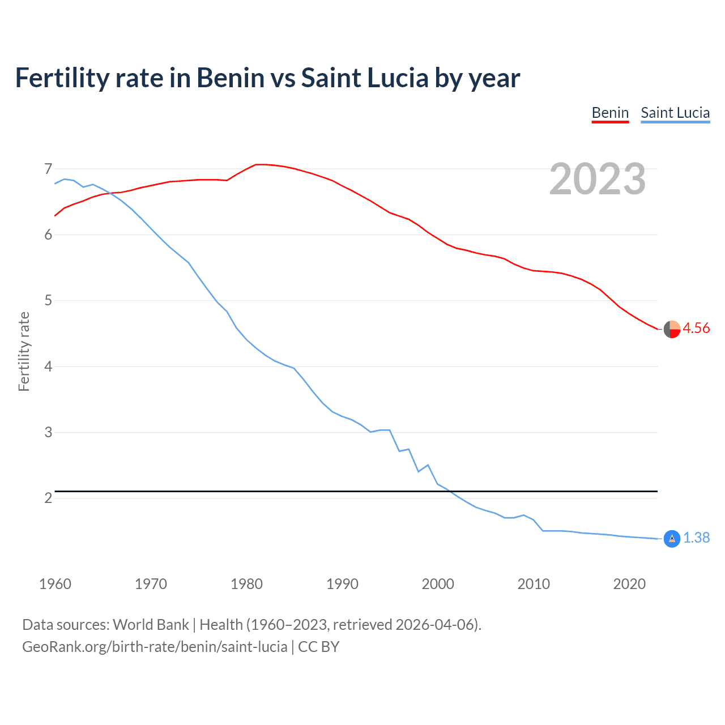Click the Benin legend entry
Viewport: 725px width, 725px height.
[x=610, y=113]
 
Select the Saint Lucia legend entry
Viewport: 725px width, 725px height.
[x=675, y=113]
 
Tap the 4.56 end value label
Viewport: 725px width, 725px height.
[x=696, y=329]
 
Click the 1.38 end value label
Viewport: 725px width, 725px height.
[x=696, y=538]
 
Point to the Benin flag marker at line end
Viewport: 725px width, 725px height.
[x=672, y=329]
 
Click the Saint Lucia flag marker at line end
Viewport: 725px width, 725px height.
[x=672, y=539]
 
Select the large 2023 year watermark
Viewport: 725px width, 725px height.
[x=598, y=179]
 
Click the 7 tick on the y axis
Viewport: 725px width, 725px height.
[x=48, y=169]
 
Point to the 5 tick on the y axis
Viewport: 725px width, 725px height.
[x=48, y=300]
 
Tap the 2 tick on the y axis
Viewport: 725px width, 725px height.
[x=48, y=498]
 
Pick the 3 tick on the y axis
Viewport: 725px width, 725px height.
[x=48, y=432]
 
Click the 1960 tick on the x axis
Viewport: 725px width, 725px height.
[x=55, y=584]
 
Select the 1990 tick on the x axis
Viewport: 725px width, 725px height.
[x=342, y=584]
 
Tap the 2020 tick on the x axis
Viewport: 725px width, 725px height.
[x=629, y=584]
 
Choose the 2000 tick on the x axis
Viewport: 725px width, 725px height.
[x=438, y=584]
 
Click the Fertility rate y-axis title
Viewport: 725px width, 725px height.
[x=24, y=351]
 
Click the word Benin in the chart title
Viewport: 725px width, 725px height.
[x=230, y=78]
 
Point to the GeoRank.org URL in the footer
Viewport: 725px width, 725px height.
[x=155, y=647]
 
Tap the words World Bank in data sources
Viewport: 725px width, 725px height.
[x=151, y=625]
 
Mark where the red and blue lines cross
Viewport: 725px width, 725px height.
[x=109, y=193]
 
